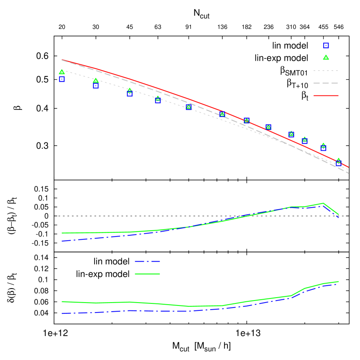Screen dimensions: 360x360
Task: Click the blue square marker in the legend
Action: (x=326, y=45)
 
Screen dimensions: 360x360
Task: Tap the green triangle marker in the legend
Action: (x=326, y=57)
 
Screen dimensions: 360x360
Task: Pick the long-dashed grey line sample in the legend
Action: (x=325, y=83)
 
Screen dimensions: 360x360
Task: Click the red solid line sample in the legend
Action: (x=325, y=95)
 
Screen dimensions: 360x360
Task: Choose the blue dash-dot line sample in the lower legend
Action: (x=147, y=261)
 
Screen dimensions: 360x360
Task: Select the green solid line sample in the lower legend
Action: (x=147, y=274)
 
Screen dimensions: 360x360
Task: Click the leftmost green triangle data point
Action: (x=62, y=72)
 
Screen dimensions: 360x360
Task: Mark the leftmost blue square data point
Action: (x=62, y=79)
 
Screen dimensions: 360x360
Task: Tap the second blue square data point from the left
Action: (x=96, y=86)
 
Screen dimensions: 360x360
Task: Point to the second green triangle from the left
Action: (x=96, y=81)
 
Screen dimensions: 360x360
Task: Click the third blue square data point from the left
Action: (x=130, y=93)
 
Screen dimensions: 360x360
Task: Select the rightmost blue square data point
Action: (x=339, y=163)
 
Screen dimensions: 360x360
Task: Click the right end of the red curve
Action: (x=349, y=168)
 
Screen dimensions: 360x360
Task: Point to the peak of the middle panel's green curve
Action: (x=323, y=203)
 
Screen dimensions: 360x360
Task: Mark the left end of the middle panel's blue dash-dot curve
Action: (x=62, y=241)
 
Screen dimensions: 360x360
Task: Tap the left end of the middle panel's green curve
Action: (x=62, y=233)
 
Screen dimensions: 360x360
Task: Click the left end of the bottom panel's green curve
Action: (x=62, y=301)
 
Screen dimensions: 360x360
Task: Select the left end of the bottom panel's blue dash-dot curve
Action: (x=62, y=313)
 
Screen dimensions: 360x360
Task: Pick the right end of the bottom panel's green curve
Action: (x=339, y=282)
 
